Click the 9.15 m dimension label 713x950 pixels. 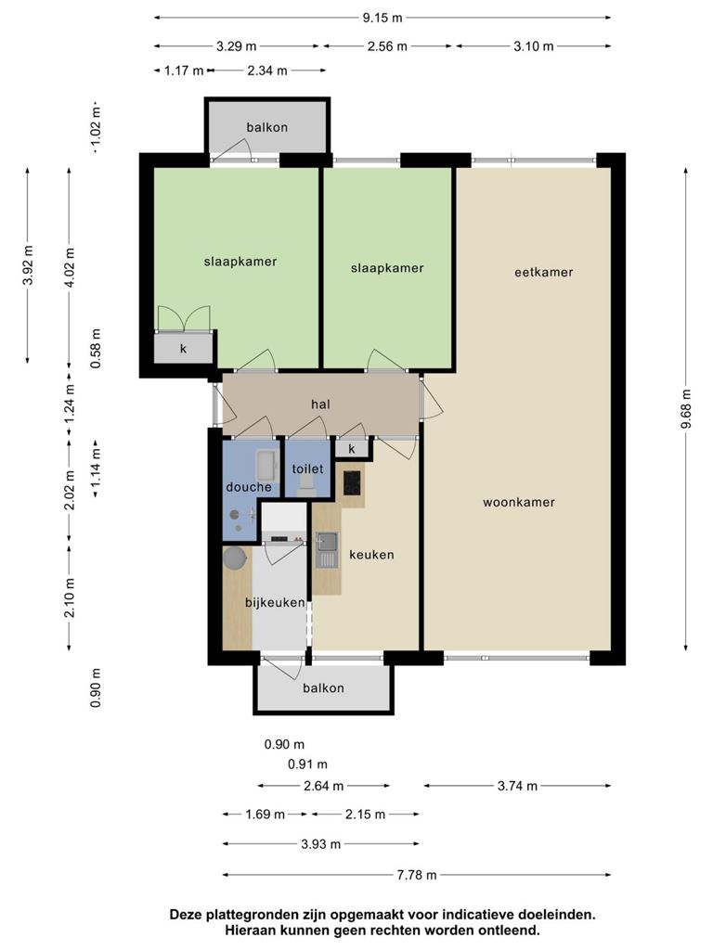[382, 18]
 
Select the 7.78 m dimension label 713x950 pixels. [417, 875]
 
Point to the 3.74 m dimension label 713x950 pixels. [517, 786]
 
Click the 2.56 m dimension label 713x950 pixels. [387, 46]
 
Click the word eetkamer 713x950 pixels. [544, 272]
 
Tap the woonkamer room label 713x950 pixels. [519, 502]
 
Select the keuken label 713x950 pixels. [371, 555]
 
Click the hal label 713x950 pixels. [320, 404]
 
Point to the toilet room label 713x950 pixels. [308, 469]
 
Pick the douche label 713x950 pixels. [249, 487]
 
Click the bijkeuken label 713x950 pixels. [275, 602]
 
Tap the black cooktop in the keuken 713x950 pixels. [352, 482]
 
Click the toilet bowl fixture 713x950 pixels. [307, 486]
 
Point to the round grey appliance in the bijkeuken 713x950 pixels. [235, 558]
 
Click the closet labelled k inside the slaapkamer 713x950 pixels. [183, 349]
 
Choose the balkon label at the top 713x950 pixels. [266, 127]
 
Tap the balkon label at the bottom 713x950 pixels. [323, 688]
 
